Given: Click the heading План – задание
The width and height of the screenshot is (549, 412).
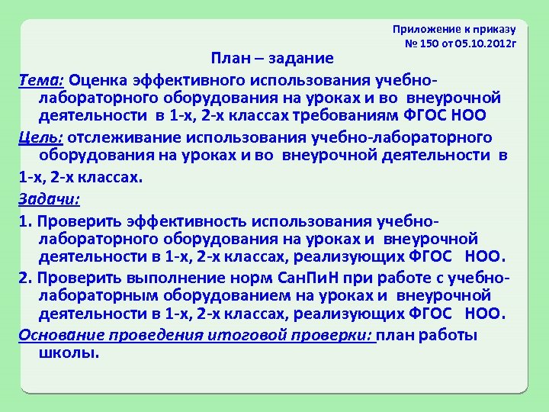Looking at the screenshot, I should (272, 59).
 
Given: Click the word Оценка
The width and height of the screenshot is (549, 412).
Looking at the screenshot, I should (101, 79).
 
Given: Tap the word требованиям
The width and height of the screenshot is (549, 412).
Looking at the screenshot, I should (353, 114).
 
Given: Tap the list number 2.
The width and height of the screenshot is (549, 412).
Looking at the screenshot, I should (24, 278).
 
